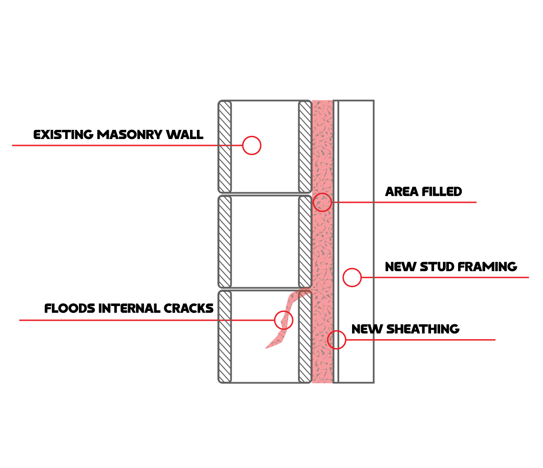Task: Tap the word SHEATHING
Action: tap(423, 329)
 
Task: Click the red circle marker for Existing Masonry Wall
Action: tap(252, 145)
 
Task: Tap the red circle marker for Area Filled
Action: tap(322, 202)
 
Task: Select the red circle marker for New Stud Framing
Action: tap(352, 277)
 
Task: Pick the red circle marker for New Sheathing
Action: tap(336, 340)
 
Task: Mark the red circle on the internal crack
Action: tap(283, 320)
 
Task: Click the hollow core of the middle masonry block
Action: tap(265, 242)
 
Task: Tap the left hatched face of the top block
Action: tap(224, 147)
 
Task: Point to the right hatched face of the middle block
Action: tap(305, 242)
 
